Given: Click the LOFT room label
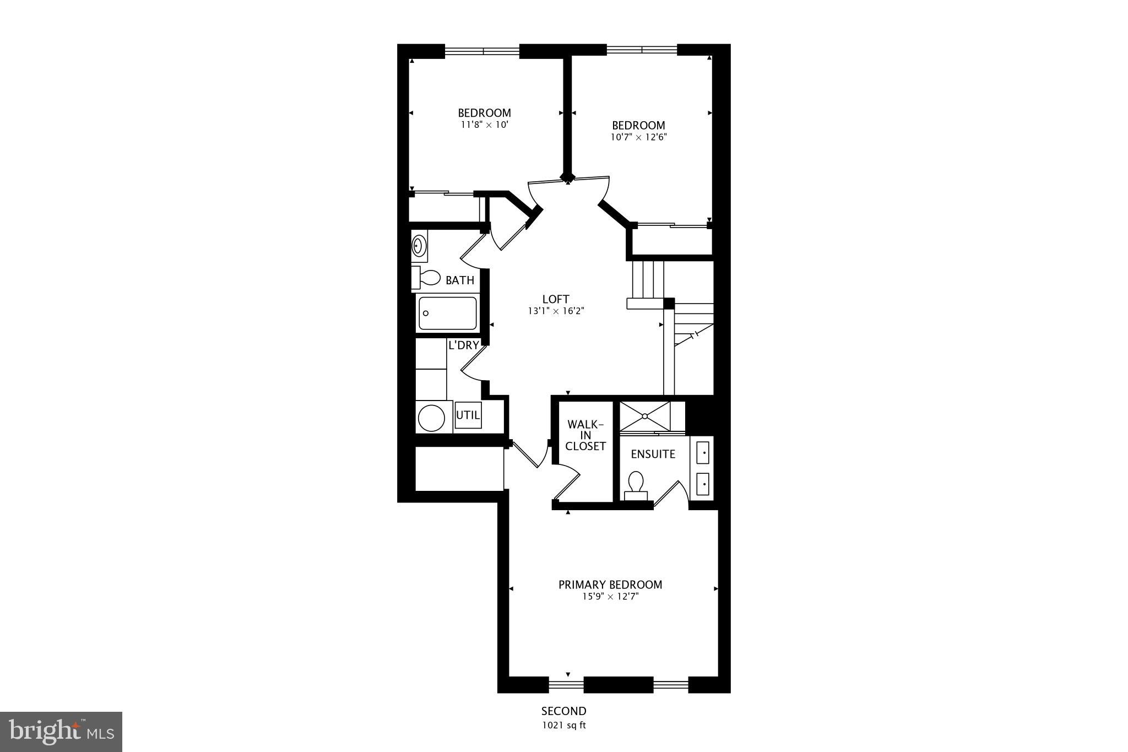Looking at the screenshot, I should pos(556,299).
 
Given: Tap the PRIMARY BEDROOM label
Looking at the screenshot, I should pos(610,585).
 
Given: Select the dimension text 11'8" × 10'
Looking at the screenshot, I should pos(484,125).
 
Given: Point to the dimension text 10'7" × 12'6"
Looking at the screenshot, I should pos(638,137).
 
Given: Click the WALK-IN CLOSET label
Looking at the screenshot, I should pos(585,435).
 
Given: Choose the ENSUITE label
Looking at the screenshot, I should pos(653,454).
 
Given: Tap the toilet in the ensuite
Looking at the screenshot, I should pos(636,485).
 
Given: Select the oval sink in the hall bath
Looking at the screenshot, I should pos(419,246).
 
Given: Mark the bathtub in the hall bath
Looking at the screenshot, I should pos(447,313).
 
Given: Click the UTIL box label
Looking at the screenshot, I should pos(468,415).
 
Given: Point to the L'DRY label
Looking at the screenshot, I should pos(463,345).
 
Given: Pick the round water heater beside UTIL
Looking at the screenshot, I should pos(431,418).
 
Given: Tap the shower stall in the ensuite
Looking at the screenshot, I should pos(645,415).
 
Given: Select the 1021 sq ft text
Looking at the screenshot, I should pos(563,725).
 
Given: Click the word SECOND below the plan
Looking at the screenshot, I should pos(563,711).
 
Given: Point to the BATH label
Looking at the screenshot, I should pos(460,280).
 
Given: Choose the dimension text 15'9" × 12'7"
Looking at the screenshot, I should pos(610,596).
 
